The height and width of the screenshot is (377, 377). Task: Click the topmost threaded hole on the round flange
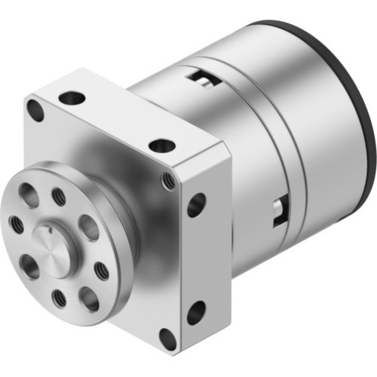click(x=59, y=197)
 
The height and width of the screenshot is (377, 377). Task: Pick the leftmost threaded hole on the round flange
click(x=15, y=223)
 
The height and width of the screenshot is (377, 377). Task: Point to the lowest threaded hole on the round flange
click(x=58, y=299)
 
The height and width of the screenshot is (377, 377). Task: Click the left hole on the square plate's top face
click(x=72, y=97)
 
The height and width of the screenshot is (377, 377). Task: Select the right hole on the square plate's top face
click(x=161, y=145)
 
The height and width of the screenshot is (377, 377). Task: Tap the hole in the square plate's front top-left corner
click(x=35, y=110)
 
